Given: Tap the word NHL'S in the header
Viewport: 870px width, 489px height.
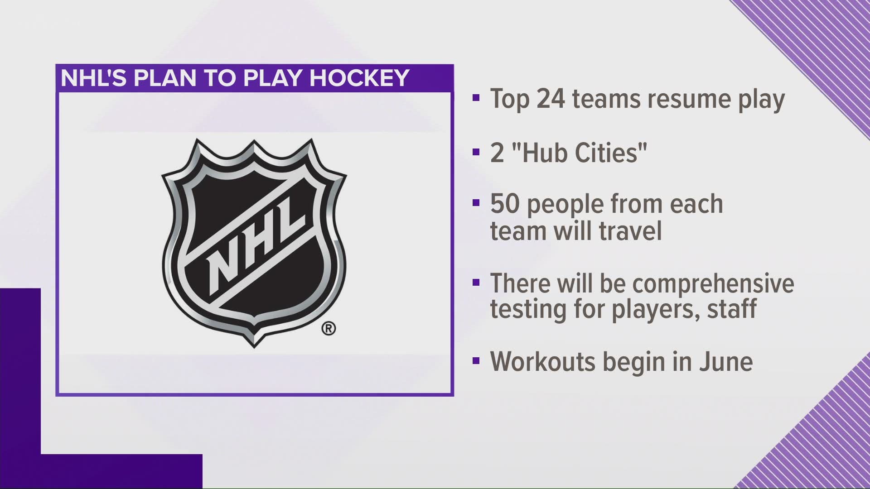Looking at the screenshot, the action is pyautogui.click(x=94, y=78).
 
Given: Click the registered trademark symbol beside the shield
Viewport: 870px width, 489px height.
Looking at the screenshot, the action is pyautogui.click(x=329, y=328).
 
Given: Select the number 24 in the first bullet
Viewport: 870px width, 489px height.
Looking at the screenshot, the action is pyautogui.click(x=551, y=100).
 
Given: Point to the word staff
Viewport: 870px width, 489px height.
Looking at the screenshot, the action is pyautogui.click(x=730, y=309).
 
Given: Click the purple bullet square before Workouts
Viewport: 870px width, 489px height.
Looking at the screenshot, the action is pyautogui.click(x=475, y=361).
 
